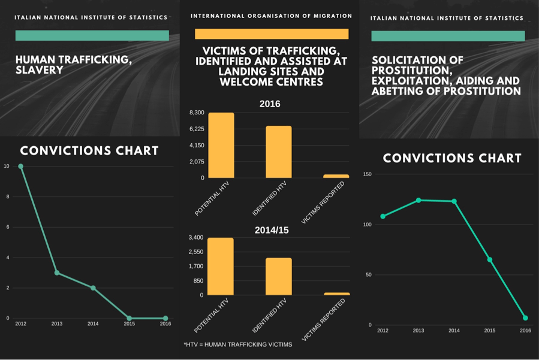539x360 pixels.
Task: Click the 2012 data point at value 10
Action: [x=21, y=167]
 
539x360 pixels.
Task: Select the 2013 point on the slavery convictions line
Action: [x=57, y=273]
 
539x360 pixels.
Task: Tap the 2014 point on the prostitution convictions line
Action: [x=454, y=201]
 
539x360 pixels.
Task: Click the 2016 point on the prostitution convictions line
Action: [x=525, y=318]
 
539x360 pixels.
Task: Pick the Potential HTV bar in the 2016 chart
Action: [x=221, y=146]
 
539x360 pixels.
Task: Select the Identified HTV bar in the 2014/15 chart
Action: [x=279, y=277]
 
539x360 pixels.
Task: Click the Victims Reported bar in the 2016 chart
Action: [x=336, y=176]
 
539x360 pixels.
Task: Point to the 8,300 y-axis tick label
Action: [x=197, y=113]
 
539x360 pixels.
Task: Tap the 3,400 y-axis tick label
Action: [x=197, y=238]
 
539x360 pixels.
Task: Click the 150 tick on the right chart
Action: [x=367, y=174]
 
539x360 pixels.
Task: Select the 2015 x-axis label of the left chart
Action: [x=129, y=324]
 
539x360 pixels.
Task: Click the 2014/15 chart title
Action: [x=272, y=230]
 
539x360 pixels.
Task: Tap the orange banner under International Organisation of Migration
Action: [x=272, y=34]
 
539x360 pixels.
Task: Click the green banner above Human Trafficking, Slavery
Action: [x=92, y=36]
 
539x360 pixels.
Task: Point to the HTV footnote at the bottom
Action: [x=238, y=344]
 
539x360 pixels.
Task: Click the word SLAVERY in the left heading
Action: [x=40, y=70]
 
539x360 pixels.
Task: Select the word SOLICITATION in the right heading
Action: [x=409, y=60]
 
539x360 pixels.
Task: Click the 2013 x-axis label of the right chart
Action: [x=418, y=331]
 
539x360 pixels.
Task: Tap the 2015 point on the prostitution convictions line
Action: [x=490, y=259]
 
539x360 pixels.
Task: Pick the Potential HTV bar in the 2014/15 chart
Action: [x=221, y=267]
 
